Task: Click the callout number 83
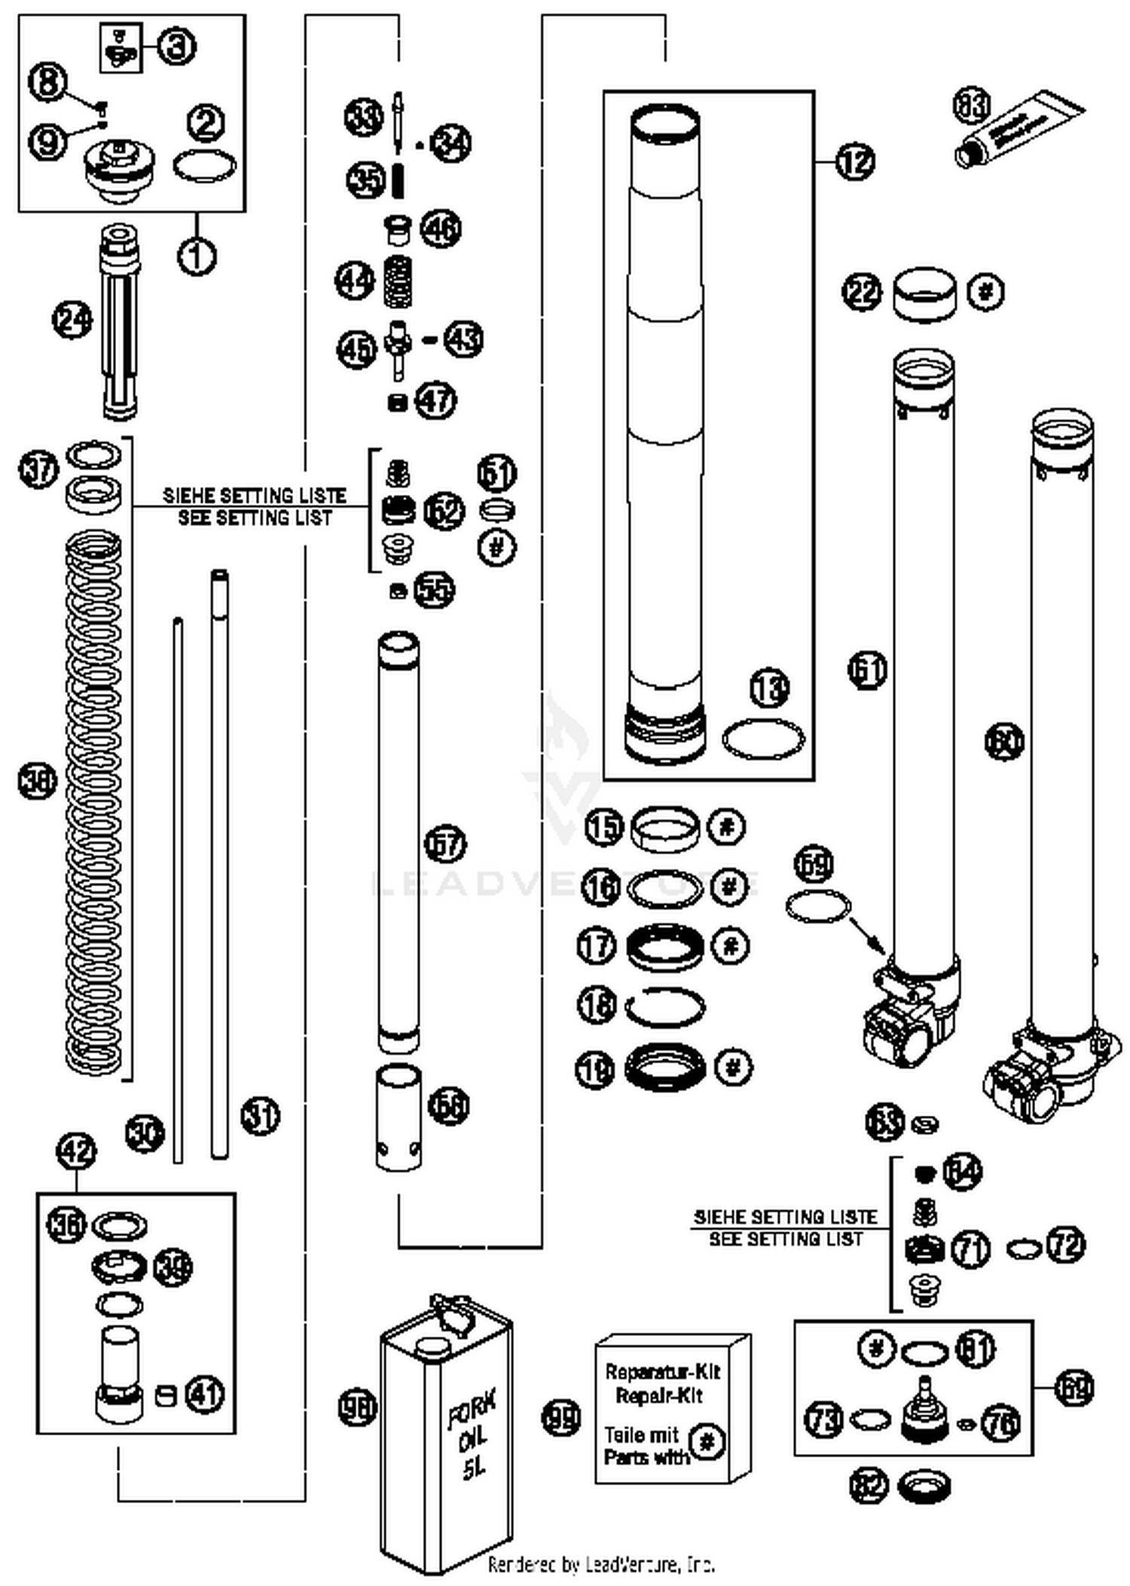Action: click(x=972, y=105)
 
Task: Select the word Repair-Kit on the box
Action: click(x=658, y=1395)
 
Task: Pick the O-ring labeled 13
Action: click(x=763, y=739)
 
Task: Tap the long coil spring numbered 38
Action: click(x=93, y=802)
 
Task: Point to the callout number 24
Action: click(x=72, y=321)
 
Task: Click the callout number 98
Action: click(x=357, y=1407)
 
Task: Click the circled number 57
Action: click(x=446, y=844)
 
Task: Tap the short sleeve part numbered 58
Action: click(x=399, y=1117)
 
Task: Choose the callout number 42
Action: click(x=77, y=1152)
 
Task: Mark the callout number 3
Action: click(x=176, y=47)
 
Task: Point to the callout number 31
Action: click(x=261, y=1116)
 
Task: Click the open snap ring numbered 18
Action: click(x=665, y=1007)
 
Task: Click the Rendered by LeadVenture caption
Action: click(x=601, y=1565)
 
